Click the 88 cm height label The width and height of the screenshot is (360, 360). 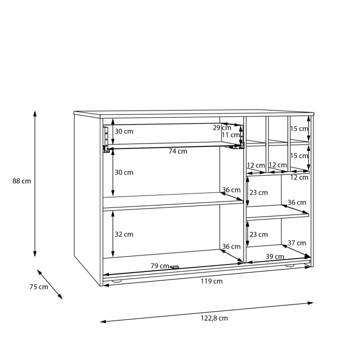pos(21,181)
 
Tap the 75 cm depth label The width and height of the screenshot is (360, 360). pos(39,287)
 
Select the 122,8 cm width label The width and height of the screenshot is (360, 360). pos(214,318)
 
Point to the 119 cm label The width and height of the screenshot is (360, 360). pos(211,281)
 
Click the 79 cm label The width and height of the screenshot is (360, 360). pos(160,266)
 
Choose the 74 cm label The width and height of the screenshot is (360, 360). pos(178,151)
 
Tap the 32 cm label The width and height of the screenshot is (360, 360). pos(124,234)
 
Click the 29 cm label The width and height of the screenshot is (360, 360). pos(222,127)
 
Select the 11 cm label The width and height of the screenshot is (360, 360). pos(230,135)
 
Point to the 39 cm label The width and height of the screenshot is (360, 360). pos(275,256)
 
